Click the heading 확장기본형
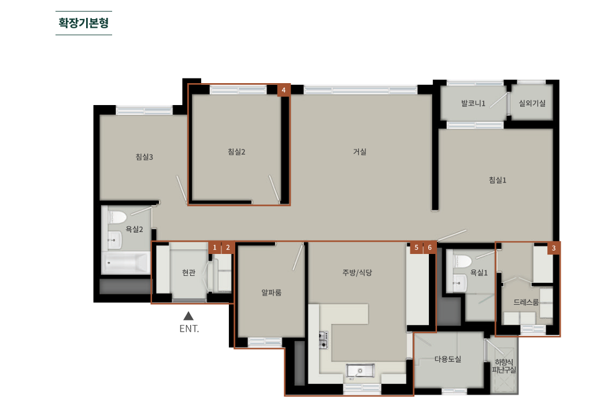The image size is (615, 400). click(x=84, y=23)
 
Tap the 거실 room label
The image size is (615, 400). click(x=360, y=152)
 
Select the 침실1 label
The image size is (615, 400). click(x=497, y=180)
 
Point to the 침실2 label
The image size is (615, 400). click(x=236, y=152)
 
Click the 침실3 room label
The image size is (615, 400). click(x=145, y=156)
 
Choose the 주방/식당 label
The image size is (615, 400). click(x=357, y=272)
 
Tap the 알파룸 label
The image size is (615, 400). click(x=272, y=292)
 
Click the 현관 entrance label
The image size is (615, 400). click(x=188, y=272)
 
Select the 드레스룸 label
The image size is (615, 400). click(x=526, y=302)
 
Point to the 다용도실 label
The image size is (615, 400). click(x=447, y=359)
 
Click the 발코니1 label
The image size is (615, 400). click(x=473, y=103)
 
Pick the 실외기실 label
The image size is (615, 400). click(x=532, y=103)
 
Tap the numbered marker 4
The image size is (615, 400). click(x=284, y=90)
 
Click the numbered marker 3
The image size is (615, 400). click(x=553, y=248)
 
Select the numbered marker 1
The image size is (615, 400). click(x=214, y=248)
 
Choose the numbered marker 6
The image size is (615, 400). click(x=429, y=248)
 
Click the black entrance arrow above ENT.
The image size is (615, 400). click(x=188, y=316)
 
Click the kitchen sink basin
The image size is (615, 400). click(x=360, y=369)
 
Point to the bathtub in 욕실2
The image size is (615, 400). click(x=125, y=263)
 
